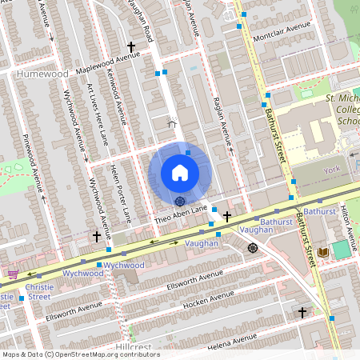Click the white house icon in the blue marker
coord(180,173)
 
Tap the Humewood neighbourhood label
coord(42,74)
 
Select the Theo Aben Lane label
coord(181,212)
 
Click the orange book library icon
coord(323,252)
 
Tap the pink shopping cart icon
coord(12,273)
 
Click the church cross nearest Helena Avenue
coord(302,312)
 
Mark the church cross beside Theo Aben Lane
coord(227,216)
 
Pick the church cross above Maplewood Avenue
coord(131,47)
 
